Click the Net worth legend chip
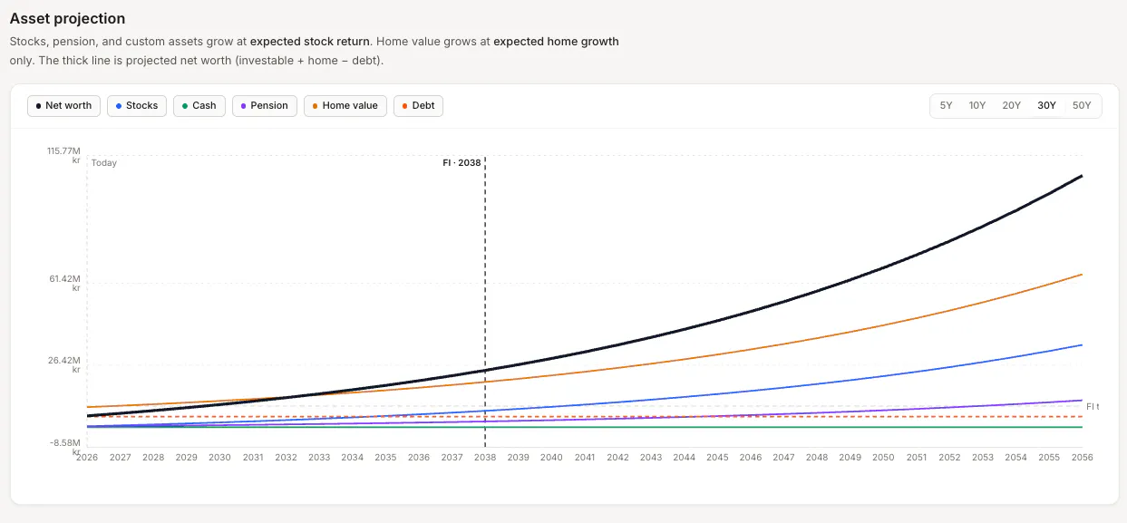point(63,106)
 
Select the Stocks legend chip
point(137,106)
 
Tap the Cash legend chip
point(199,106)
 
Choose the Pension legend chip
point(265,106)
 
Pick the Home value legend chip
point(345,106)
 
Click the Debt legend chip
point(418,106)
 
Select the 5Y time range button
point(946,106)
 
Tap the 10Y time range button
point(977,106)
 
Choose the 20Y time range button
point(1011,106)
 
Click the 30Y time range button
point(1046,106)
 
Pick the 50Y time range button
point(1082,106)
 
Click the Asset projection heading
point(67,19)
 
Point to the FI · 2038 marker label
point(461,163)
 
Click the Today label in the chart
point(104,163)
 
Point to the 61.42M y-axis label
point(65,283)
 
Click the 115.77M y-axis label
point(63,155)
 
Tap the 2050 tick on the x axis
point(883,457)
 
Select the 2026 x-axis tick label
point(87,457)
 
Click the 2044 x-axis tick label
point(685,457)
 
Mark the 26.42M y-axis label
point(64,364)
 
